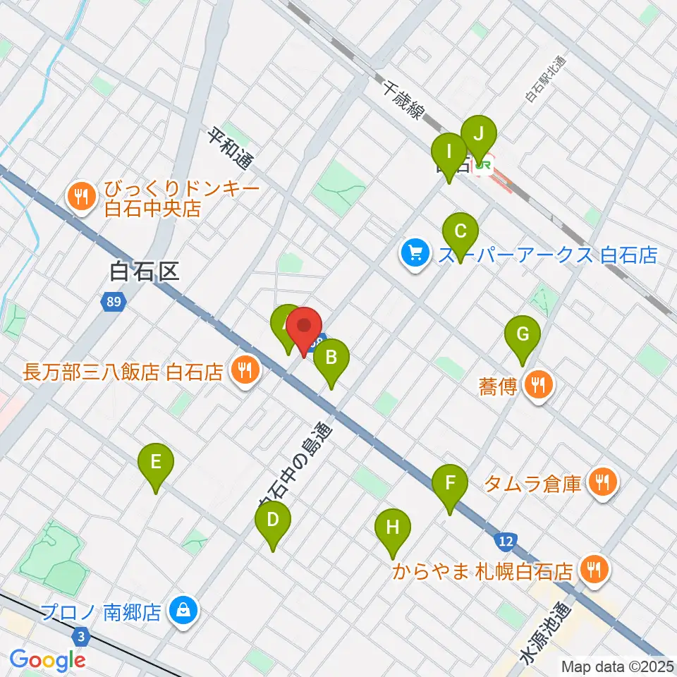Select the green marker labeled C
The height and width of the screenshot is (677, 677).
point(461,232)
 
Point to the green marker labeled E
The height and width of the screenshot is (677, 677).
point(156,463)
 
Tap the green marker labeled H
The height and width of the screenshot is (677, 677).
point(392,527)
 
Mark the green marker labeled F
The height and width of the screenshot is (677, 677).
point(450,484)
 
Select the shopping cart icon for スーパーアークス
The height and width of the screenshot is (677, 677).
point(414,254)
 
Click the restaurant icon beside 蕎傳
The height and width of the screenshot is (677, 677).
point(539,385)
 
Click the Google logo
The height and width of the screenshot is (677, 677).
point(48,659)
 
